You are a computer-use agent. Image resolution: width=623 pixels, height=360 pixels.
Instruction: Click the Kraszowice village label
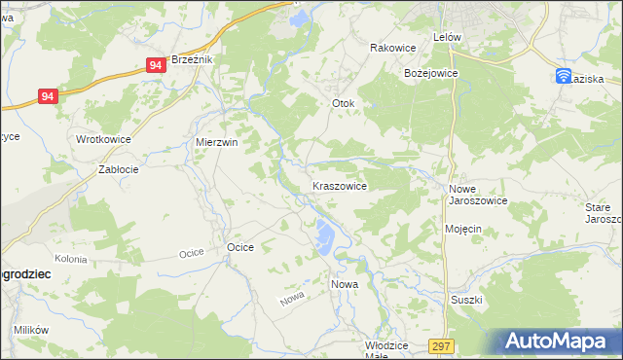pos(339,185)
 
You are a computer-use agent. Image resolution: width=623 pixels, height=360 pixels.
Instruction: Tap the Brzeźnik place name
pos(191,59)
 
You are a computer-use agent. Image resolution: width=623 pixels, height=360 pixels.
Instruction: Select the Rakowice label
pos(393,48)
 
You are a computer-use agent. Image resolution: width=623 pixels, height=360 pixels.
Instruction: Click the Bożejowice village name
pos(430,73)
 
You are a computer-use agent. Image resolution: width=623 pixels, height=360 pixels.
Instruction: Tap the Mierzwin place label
pos(217,141)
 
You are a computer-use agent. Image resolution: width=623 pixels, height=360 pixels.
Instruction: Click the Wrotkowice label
pos(104,139)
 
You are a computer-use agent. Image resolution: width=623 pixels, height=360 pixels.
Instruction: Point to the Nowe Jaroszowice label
pos(477,194)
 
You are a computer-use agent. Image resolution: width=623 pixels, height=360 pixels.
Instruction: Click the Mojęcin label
pos(463,229)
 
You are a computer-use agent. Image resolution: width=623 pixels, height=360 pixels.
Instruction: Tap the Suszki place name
pos(466,300)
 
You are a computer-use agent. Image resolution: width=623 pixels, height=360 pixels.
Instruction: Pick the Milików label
pos(31,330)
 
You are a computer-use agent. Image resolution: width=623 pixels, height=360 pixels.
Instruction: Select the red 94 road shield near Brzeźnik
pos(156,65)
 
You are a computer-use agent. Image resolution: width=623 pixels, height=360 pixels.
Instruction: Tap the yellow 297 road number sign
pos(443,346)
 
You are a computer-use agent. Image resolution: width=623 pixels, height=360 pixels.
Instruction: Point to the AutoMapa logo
pos(558,342)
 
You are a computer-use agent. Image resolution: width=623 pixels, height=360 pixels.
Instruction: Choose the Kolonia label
pos(71,259)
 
